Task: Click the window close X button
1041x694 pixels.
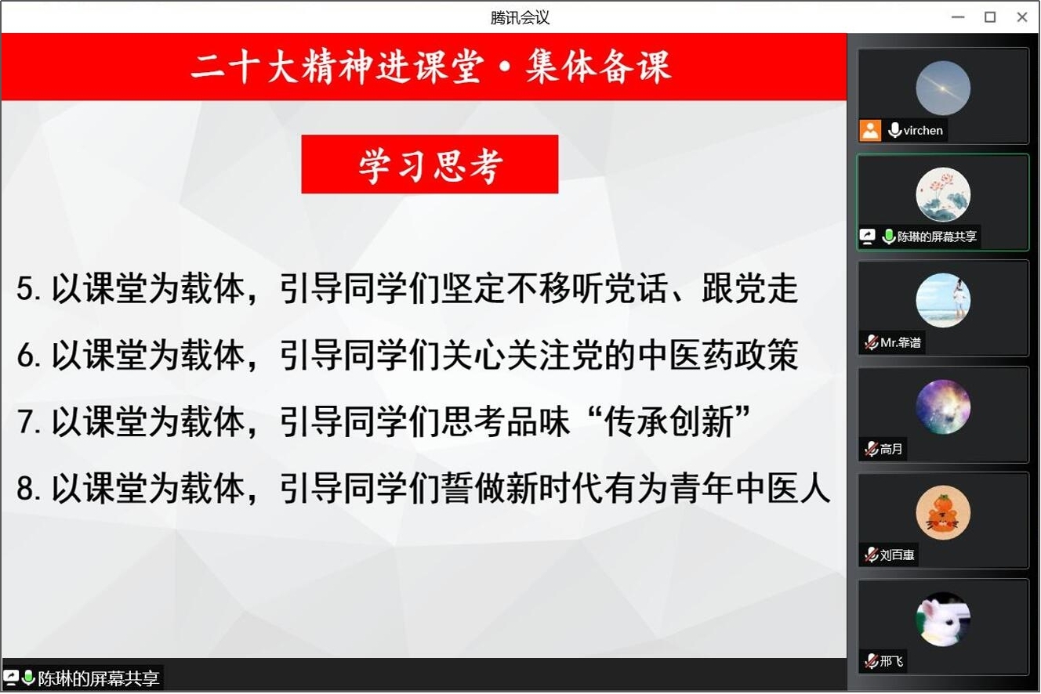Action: pyautogui.click(x=1021, y=17)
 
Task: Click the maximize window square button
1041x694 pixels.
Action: pyautogui.click(x=990, y=17)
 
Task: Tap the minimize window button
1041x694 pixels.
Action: pyautogui.click(x=958, y=17)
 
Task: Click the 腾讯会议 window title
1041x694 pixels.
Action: pyautogui.click(x=520, y=18)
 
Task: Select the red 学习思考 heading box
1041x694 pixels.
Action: pyautogui.click(x=430, y=164)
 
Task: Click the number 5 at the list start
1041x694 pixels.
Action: pyautogui.click(x=24, y=288)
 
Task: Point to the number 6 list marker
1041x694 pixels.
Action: pyautogui.click(x=25, y=356)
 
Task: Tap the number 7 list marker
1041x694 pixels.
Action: pyautogui.click(x=25, y=421)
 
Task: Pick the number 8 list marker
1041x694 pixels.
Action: pyautogui.click(x=25, y=489)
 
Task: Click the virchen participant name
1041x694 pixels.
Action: pyautogui.click(x=923, y=131)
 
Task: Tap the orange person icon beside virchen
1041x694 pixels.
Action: pyautogui.click(x=870, y=130)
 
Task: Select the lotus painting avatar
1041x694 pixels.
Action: pyautogui.click(x=943, y=194)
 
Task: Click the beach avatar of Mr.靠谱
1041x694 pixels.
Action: pyautogui.click(x=943, y=300)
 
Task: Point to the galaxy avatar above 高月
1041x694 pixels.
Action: pyautogui.click(x=943, y=407)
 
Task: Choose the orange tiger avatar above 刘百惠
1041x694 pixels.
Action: pyautogui.click(x=943, y=512)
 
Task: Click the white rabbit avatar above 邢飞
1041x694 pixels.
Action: pyautogui.click(x=943, y=619)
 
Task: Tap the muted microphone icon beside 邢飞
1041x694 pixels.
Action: pyautogui.click(x=871, y=661)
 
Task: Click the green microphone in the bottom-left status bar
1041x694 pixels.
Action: pyautogui.click(x=28, y=678)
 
